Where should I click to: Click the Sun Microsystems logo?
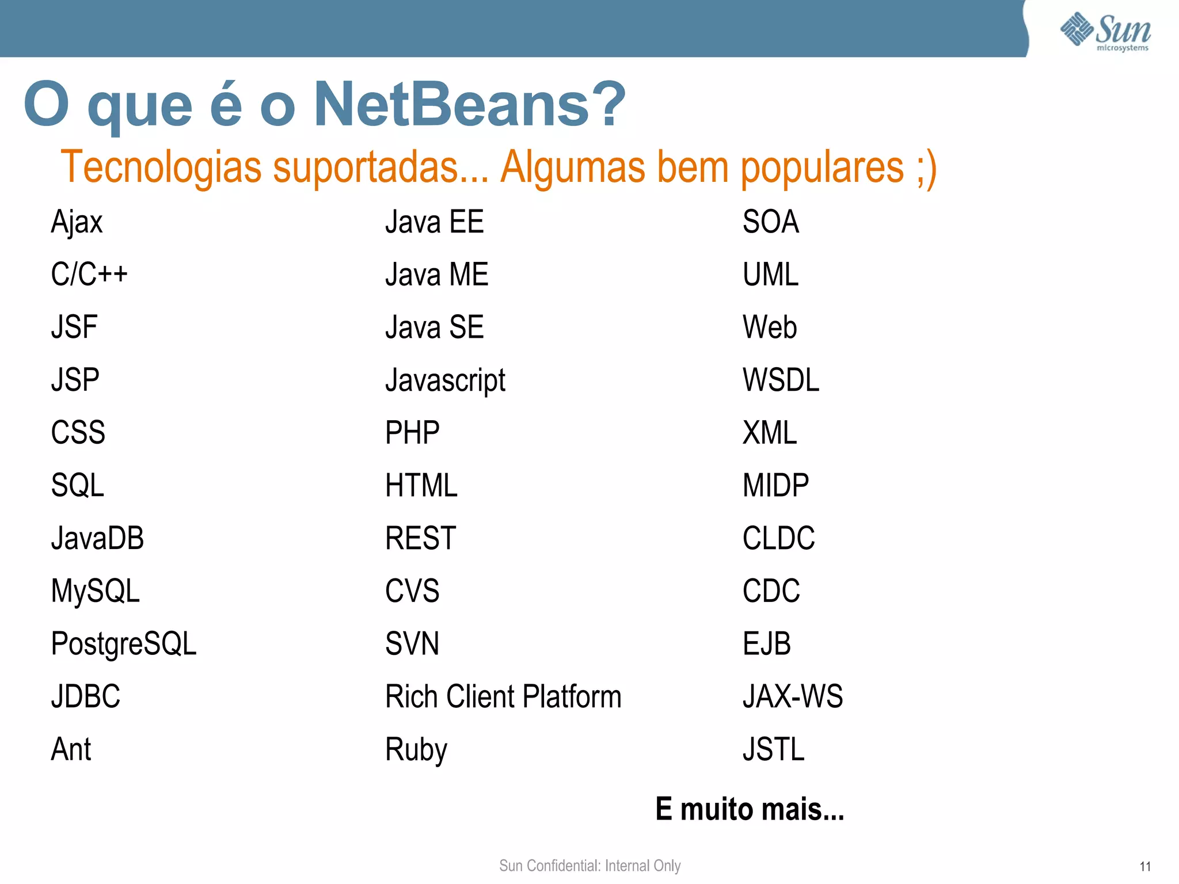point(1105,32)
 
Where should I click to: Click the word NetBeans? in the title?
point(469,105)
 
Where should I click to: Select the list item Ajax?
point(77,222)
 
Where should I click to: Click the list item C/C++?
point(89,274)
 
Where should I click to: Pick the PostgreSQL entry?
point(124,643)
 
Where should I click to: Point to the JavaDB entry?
point(97,538)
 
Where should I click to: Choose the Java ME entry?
point(436,274)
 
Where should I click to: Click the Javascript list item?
point(445,380)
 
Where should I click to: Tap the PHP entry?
point(412,433)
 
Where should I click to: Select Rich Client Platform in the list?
point(503,696)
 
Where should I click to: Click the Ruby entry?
point(416,749)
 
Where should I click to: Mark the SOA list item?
point(771,222)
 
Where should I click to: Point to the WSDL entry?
point(781,380)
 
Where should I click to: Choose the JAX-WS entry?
point(793,696)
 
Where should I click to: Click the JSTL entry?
point(773,749)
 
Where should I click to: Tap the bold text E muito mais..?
point(750,809)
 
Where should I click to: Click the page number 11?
point(1145,867)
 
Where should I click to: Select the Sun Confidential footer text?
point(589,866)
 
